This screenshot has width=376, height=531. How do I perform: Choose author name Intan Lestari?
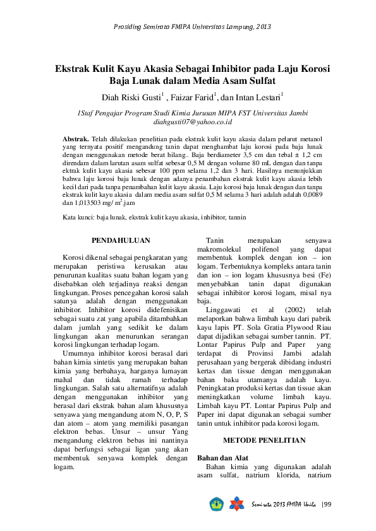click(258, 98)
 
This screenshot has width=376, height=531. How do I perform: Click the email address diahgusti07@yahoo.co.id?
click(193, 122)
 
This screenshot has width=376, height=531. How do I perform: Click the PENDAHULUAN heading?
click(121, 241)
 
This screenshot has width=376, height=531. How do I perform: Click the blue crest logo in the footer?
click(217, 505)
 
